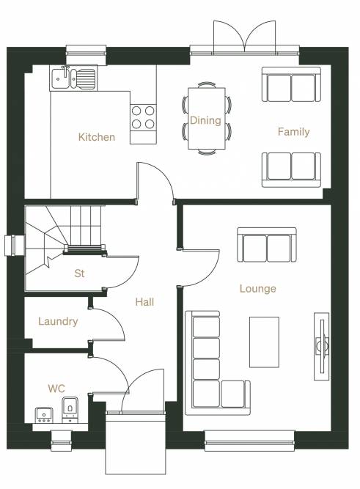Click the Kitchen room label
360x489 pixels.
point(96,137)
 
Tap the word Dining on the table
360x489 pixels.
point(205,120)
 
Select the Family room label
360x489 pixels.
point(293,132)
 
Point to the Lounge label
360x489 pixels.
point(257,289)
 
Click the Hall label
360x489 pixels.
point(144,302)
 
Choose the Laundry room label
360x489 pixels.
point(58,322)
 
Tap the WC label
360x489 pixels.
point(56,389)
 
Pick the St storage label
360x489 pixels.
point(79,273)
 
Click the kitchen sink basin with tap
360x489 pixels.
point(73,78)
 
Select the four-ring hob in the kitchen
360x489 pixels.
point(143,117)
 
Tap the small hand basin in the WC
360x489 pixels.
point(44,415)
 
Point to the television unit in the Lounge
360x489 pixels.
point(321,346)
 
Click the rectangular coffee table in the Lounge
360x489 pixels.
point(264,342)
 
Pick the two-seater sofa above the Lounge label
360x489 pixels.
point(267,245)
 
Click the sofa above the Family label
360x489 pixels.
point(291,84)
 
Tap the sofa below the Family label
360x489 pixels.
point(291,170)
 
